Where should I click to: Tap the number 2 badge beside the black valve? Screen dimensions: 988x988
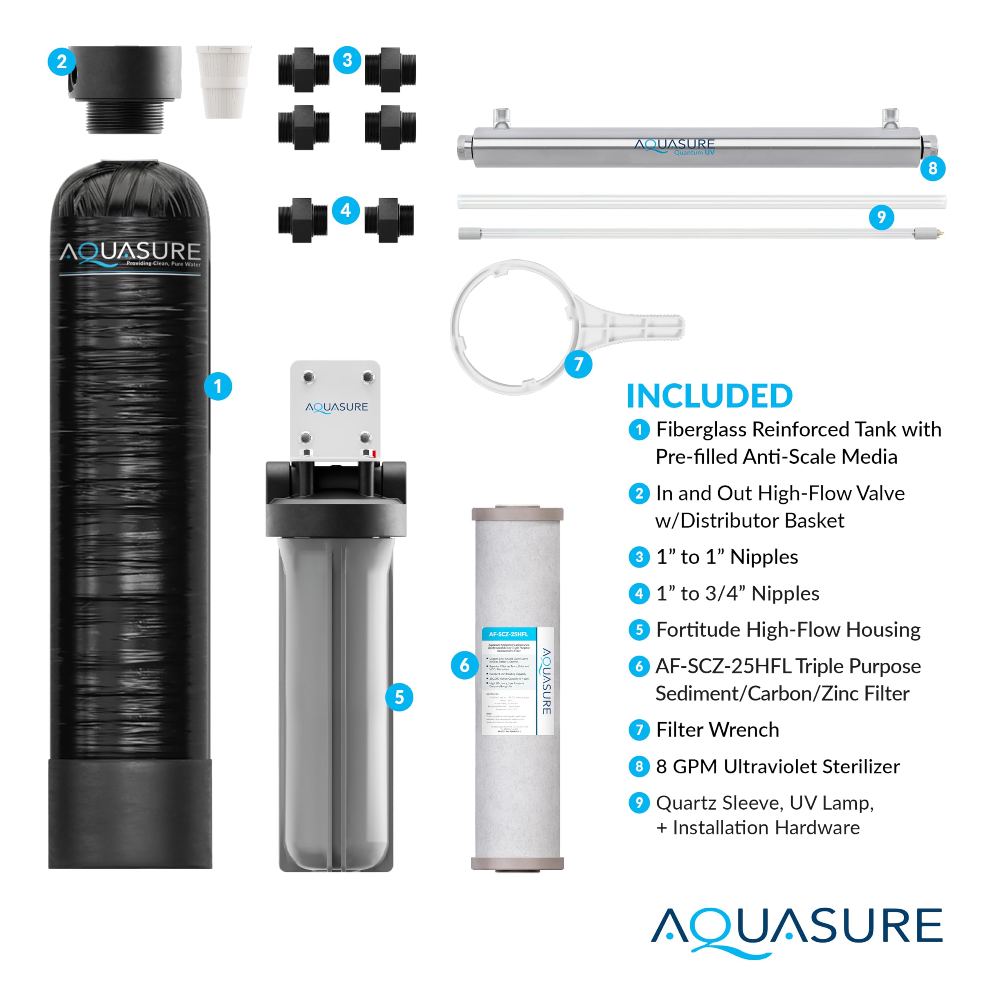(x=61, y=61)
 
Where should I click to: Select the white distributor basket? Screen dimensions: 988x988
(x=223, y=81)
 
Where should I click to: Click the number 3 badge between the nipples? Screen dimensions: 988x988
(x=347, y=60)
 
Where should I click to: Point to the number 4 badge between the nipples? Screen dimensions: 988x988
(x=346, y=210)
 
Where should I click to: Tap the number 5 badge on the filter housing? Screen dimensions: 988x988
(x=399, y=697)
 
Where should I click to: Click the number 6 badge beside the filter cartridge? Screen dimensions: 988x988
(x=464, y=665)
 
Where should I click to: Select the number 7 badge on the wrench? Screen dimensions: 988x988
(x=579, y=364)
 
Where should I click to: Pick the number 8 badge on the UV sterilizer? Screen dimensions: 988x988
(x=932, y=168)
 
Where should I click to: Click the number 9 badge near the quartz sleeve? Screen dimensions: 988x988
(x=881, y=217)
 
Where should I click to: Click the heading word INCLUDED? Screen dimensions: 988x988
(x=709, y=396)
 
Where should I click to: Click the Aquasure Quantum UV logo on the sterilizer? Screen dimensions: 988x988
(x=675, y=146)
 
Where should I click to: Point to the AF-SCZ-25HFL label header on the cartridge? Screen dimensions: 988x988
(x=508, y=634)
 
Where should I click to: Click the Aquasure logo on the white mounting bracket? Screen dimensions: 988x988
(x=337, y=407)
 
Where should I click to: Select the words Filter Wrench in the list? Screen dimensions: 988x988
(x=717, y=730)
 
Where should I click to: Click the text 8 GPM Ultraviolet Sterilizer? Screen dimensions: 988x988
(x=777, y=766)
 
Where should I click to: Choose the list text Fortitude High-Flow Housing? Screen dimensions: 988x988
(x=788, y=629)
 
